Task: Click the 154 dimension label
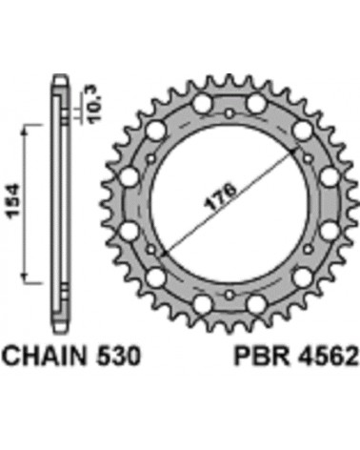[x=14, y=201]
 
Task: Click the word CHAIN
[x=46, y=356]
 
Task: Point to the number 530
[x=118, y=356]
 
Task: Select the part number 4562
[x=327, y=356]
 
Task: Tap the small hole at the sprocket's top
[x=230, y=112]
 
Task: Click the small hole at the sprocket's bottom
[x=230, y=295]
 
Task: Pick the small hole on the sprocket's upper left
[x=151, y=158]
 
